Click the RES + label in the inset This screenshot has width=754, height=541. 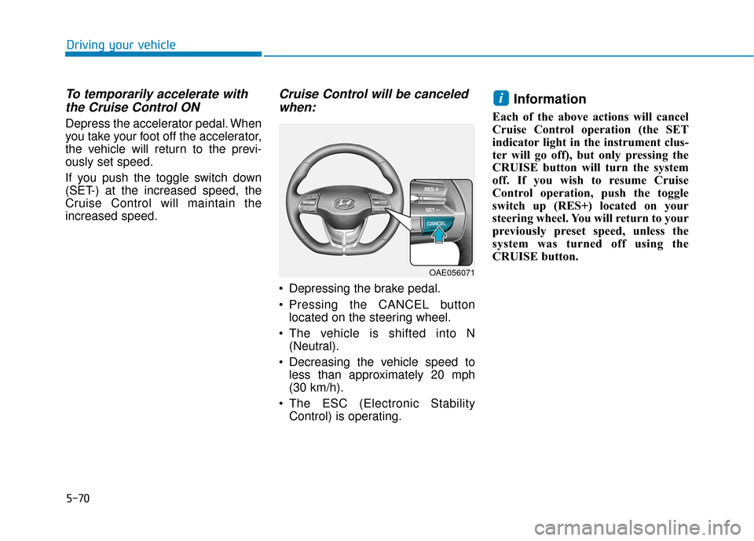[431, 189]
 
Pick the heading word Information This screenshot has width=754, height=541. [550, 99]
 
